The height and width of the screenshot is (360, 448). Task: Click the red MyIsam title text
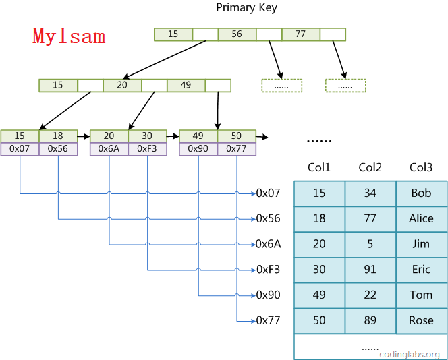tap(69, 36)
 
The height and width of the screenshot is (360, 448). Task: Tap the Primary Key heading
tap(246, 8)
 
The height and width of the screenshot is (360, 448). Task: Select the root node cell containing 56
tap(237, 34)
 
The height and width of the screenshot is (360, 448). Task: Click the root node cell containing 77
tap(300, 34)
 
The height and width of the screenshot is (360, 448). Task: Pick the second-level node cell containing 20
tap(121, 86)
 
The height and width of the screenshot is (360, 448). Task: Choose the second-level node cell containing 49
tap(186, 86)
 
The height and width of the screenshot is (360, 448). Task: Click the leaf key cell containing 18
tap(58, 136)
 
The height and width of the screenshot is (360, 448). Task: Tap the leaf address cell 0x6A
tap(109, 149)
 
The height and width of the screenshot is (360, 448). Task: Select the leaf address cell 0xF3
tap(147, 149)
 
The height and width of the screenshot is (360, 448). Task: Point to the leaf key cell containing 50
tap(237, 136)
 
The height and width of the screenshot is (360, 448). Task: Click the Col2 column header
tap(370, 168)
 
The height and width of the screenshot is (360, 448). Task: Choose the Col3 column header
tap(421, 168)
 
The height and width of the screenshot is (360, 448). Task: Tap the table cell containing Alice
tap(421, 218)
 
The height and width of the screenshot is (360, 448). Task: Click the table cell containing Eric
tap(421, 270)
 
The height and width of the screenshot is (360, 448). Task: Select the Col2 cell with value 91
tap(370, 270)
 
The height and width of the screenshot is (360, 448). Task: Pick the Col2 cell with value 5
tap(370, 244)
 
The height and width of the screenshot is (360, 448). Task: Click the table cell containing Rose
tap(421, 320)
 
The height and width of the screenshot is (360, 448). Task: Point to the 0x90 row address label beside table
tap(268, 295)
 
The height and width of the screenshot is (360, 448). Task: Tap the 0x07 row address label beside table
tap(268, 193)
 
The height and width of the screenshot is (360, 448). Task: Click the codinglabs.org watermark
tap(410, 354)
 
